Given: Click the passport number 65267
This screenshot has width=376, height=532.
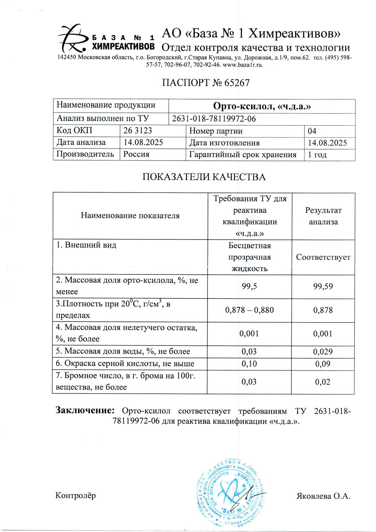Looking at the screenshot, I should tap(237, 83).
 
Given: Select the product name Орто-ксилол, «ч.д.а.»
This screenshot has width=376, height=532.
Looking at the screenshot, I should tap(262, 106).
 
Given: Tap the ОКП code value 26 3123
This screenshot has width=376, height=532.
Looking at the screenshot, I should tap(138, 130).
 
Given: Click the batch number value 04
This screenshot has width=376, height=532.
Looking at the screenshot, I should tap(312, 131).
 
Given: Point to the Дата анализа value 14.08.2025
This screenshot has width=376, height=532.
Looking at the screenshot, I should tap(143, 142).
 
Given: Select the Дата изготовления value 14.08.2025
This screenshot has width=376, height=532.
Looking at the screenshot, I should tap(327, 143).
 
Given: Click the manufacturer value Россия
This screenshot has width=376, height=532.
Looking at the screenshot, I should tap(136, 155).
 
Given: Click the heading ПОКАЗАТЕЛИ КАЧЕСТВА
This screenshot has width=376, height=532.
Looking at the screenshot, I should tap(204, 177).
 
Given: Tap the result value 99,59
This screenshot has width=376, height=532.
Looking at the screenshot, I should tap(323, 286).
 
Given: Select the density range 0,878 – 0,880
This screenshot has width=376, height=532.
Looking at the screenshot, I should tap(249, 310).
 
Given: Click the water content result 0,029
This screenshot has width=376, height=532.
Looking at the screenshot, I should tap(323, 352).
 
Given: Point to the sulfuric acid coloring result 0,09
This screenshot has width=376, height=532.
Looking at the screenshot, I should tap(323, 364).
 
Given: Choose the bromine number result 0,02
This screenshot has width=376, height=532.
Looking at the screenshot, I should tap(323, 382).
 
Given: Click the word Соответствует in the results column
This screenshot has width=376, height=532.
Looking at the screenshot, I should tap(323, 257).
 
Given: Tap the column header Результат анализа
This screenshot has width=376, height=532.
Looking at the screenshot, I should tap(323, 216).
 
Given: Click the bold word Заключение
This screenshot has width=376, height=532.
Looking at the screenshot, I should tap(85, 410).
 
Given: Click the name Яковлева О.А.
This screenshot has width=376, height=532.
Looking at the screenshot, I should tap(323, 496).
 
